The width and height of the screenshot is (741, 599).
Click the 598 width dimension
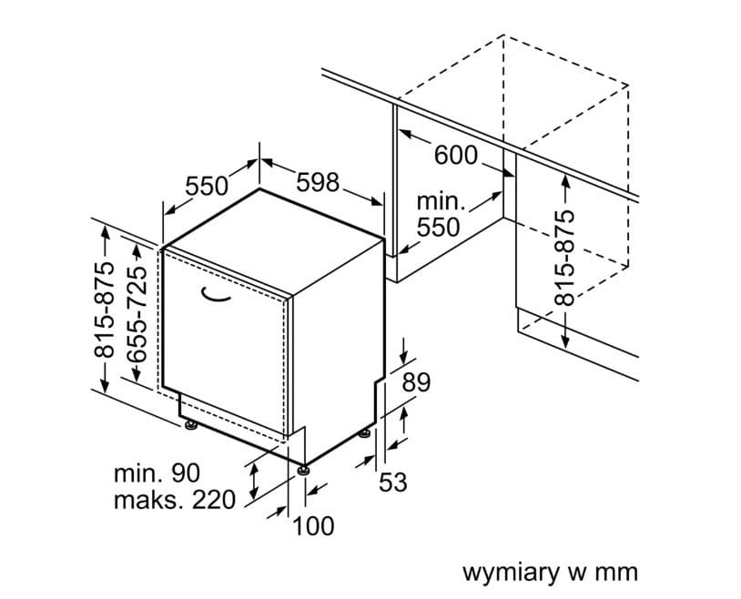click(318, 182)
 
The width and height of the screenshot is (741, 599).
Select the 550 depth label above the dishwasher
click(207, 186)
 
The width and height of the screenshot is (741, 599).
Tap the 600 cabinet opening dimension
click(455, 156)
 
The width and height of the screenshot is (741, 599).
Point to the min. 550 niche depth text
click(440, 214)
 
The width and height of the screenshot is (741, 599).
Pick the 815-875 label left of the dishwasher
click(106, 310)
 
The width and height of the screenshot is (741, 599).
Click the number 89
click(415, 382)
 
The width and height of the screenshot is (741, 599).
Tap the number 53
click(392, 482)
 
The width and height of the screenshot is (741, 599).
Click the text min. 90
click(157, 473)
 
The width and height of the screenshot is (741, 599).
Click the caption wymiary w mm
click(550, 573)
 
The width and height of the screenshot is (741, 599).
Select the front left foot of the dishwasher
click(190, 424)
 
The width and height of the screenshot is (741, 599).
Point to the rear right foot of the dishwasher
click(365, 433)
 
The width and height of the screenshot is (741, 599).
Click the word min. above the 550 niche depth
click(441, 201)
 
